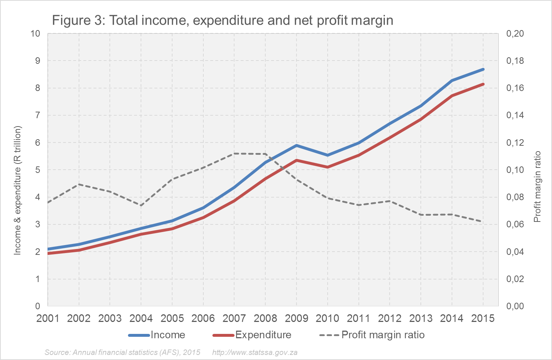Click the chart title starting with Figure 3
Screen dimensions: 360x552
point(223,20)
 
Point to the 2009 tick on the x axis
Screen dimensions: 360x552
point(296,318)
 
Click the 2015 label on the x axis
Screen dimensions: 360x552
point(483,318)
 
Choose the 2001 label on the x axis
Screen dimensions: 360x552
point(48,318)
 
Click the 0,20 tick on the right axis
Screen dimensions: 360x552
point(515,34)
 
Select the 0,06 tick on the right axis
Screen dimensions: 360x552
point(515,224)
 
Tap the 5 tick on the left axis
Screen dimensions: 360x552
point(38,170)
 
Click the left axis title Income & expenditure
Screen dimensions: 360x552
point(18,190)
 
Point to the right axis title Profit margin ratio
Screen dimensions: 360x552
point(538,187)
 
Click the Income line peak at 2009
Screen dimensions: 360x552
point(296,145)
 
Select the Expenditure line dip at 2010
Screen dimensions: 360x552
point(328,167)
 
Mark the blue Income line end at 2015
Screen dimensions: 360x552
point(483,69)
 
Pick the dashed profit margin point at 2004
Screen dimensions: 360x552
point(141,206)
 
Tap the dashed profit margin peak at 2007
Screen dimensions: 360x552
point(234,153)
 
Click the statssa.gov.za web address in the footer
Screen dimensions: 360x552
point(255,352)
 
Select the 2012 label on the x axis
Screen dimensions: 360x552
point(390,318)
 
